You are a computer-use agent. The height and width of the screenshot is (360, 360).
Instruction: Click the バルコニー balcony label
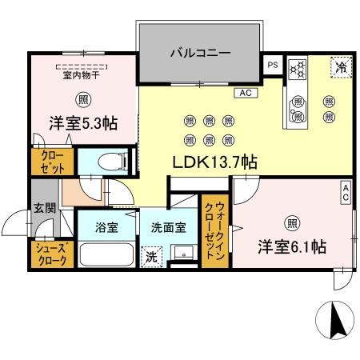click(x=200, y=54)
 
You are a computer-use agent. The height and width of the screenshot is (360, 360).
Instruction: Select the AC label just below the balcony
click(x=244, y=93)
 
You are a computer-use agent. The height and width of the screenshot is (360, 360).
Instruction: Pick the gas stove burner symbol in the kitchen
click(x=298, y=70)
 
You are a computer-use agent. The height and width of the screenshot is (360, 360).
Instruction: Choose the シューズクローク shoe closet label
click(x=52, y=255)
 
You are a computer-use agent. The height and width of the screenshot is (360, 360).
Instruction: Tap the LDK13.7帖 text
click(x=214, y=162)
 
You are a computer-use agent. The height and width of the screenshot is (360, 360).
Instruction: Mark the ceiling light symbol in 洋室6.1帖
click(x=293, y=222)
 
